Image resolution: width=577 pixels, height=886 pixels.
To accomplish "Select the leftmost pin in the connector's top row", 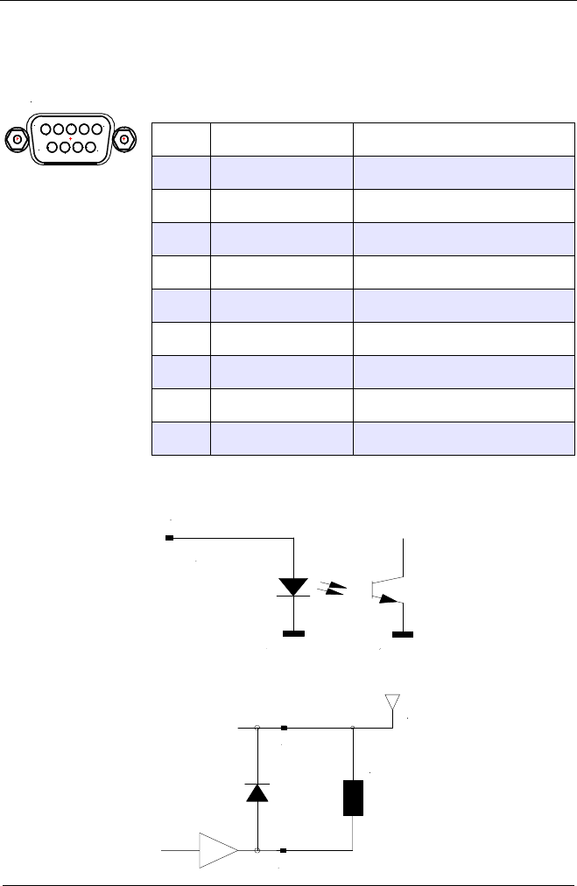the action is [x=43, y=129].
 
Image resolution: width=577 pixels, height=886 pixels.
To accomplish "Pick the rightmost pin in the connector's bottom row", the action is [x=92, y=147].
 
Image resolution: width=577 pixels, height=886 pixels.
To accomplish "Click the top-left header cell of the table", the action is [x=181, y=138].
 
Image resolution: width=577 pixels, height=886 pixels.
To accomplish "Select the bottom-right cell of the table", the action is [x=463, y=438].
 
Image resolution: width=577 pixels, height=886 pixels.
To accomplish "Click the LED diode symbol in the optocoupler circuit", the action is [x=292, y=586].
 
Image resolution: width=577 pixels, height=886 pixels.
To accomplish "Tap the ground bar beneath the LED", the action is [x=292, y=633].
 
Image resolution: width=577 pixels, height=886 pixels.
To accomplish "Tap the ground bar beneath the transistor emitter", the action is [x=403, y=633].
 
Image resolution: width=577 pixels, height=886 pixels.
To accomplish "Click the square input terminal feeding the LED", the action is [x=170, y=537].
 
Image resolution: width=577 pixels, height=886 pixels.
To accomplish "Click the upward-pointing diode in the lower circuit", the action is [x=257, y=792].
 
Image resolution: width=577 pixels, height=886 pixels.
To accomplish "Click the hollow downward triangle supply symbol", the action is [x=394, y=703].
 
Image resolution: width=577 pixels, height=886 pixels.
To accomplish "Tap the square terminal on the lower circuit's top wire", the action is [x=283, y=727].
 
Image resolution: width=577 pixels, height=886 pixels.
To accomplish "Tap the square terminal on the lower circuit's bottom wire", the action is [x=283, y=850].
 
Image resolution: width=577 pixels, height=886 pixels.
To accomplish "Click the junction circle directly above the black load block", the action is [x=353, y=727].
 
